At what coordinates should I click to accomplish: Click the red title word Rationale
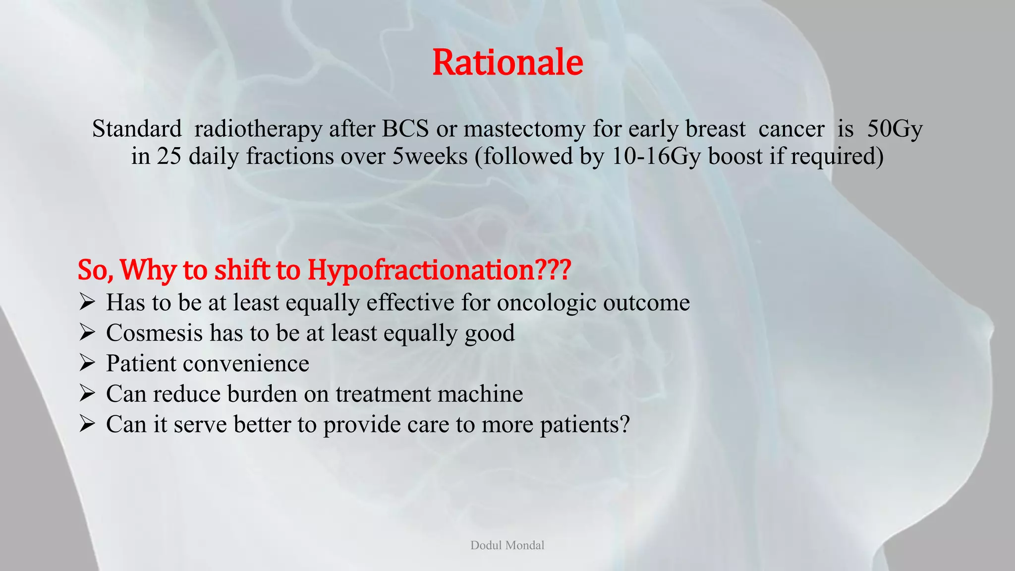coord(507,62)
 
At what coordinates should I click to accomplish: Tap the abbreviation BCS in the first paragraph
coord(405,129)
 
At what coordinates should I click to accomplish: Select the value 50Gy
coord(895,129)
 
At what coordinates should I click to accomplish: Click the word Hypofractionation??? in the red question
coord(439,270)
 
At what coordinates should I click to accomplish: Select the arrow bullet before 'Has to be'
coord(87,302)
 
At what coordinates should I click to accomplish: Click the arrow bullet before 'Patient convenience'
coord(87,363)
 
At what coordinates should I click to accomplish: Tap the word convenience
coord(246,363)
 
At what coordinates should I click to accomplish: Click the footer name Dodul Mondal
coord(507,545)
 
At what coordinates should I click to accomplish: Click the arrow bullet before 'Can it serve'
coord(87,424)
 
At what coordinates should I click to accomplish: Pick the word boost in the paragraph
coord(735,156)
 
